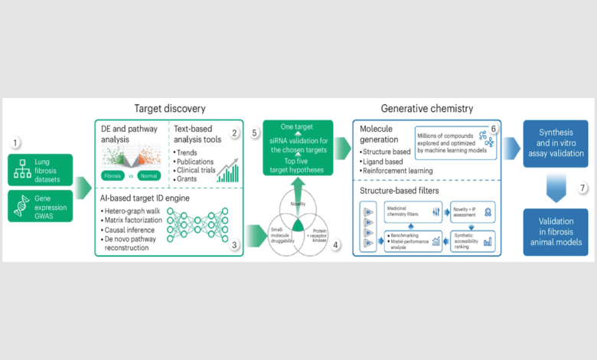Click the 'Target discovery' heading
click(169, 109)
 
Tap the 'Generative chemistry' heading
click(426, 109)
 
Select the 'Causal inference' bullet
click(131, 228)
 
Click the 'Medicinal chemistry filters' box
click(406, 213)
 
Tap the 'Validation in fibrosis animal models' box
click(555, 231)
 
